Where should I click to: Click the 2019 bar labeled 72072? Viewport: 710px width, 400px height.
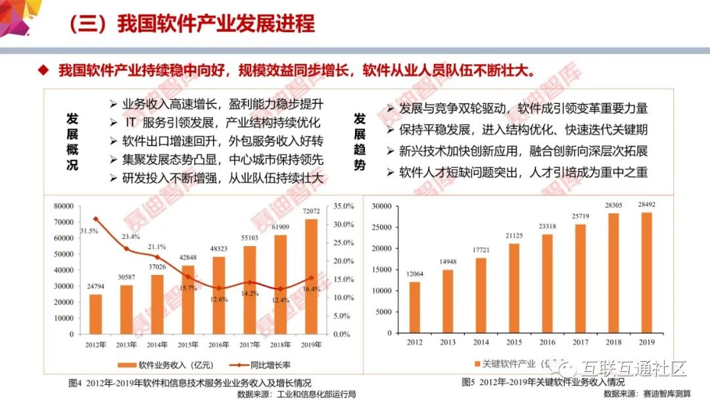pyautogui.click(x=310, y=276)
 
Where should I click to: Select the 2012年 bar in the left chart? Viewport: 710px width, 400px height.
pyautogui.click(x=96, y=314)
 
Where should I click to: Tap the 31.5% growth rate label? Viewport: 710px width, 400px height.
pyautogui.click(x=89, y=230)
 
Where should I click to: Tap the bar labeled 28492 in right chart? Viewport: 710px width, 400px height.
pyautogui.click(x=647, y=272)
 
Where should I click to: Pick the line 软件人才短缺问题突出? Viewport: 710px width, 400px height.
pyautogui.click(x=523, y=172)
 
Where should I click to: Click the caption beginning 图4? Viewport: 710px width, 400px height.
pyautogui.click(x=191, y=382)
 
